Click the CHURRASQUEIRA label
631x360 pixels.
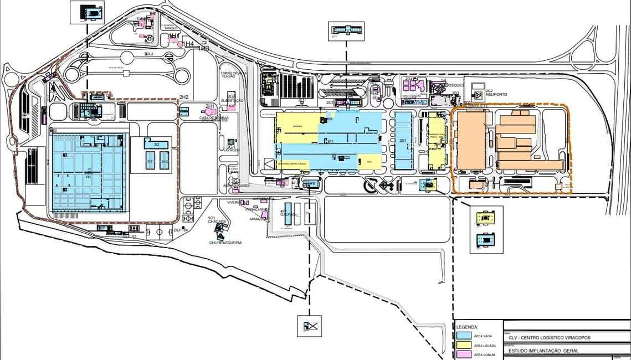point(225,243)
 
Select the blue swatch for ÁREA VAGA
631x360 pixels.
point(464,335)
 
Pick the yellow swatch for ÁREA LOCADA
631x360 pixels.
point(464,345)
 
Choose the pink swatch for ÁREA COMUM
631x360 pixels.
point(464,354)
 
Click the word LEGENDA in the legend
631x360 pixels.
point(466,327)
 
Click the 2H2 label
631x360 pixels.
point(183,97)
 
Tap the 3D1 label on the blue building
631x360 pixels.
point(403,141)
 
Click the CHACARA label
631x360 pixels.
point(217,222)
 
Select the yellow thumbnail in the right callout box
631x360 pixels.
point(486,218)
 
